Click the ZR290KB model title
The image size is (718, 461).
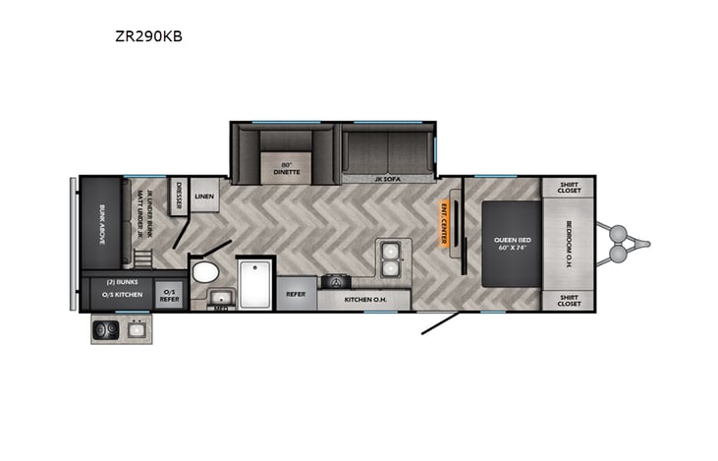[147, 37]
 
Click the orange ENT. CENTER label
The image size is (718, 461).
[444, 220]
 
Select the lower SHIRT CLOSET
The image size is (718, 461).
[569, 299]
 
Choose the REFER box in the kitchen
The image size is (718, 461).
[296, 294]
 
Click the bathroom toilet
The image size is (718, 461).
[205, 271]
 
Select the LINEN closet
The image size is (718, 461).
[204, 197]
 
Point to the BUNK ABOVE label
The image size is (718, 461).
[102, 222]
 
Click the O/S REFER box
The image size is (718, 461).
[169, 294]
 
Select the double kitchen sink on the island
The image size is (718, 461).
[391, 258]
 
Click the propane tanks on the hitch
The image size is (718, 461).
[619, 244]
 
